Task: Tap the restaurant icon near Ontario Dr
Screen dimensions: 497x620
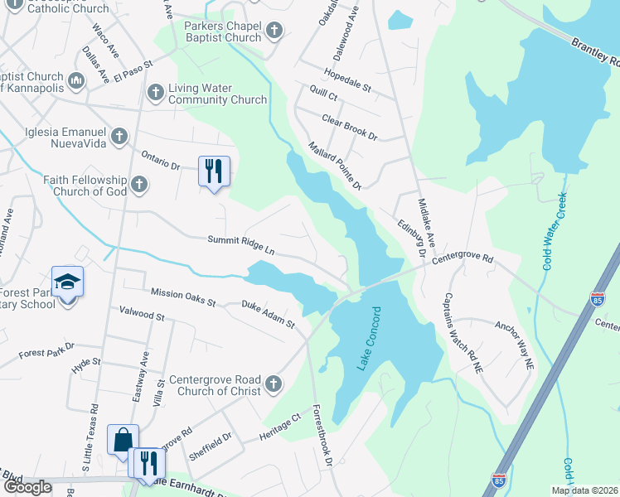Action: [214, 171]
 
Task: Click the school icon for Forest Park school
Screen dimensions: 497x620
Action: [67, 282]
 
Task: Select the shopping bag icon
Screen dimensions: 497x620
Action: [123, 440]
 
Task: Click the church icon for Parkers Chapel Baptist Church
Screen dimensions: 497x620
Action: [275, 31]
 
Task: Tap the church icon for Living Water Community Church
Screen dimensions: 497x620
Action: [155, 93]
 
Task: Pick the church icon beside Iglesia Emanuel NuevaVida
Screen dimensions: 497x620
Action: [119, 135]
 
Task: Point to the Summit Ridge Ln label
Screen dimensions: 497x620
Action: [240, 244]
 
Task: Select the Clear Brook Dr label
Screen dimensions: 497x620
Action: [349, 128]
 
